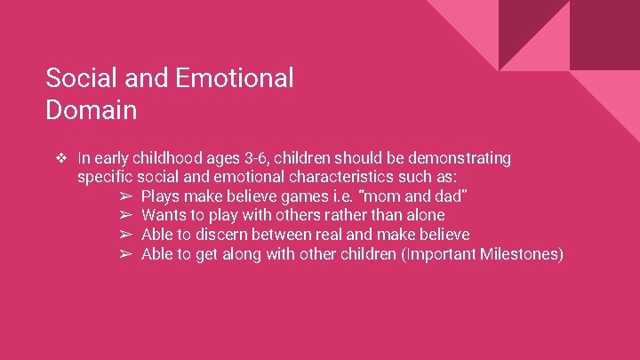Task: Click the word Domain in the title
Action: pyautogui.click(x=92, y=111)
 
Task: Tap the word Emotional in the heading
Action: pyautogui.click(x=235, y=78)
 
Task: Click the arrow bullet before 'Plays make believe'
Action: pyautogui.click(x=125, y=196)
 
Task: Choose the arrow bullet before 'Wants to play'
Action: pyautogui.click(x=125, y=215)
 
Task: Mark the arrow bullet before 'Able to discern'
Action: pyautogui.click(x=125, y=235)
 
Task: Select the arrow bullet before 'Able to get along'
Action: pyautogui.click(x=125, y=254)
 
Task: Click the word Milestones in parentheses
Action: pyautogui.click(x=521, y=254)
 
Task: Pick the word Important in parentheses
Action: pyautogui.click(x=440, y=254)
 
